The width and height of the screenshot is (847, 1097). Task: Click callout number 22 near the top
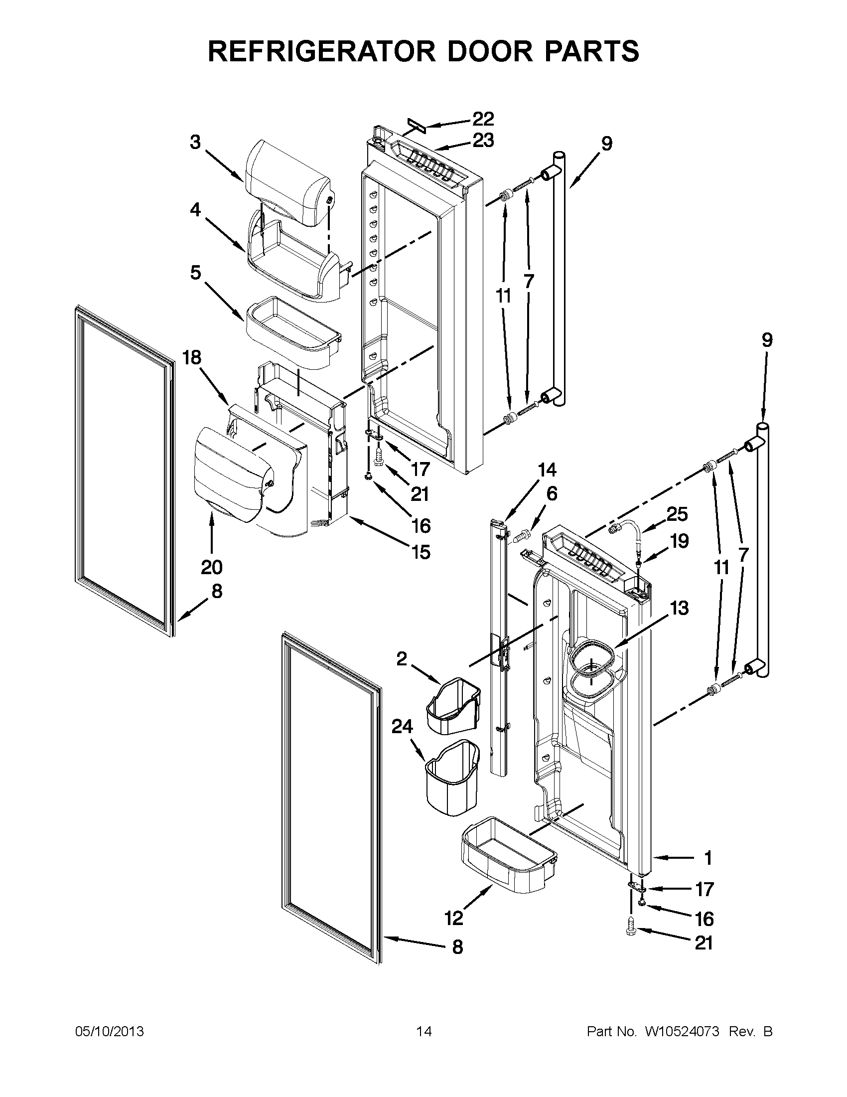pos(483,119)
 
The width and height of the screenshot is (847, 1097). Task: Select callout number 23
pos(483,141)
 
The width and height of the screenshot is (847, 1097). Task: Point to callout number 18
pos(192,358)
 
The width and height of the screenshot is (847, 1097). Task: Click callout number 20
pos(211,568)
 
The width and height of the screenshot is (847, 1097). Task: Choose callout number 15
pos(421,552)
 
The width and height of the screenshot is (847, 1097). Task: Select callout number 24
pos(402,727)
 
